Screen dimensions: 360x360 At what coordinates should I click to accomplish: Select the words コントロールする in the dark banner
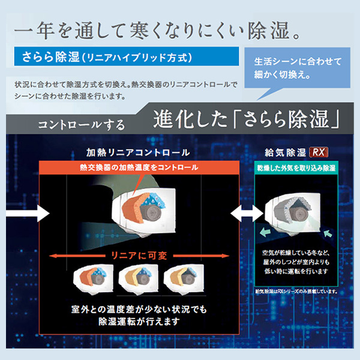pyautogui.click(x=81, y=125)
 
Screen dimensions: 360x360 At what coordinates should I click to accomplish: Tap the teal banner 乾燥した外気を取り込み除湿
pyautogui.click(x=296, y=167)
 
